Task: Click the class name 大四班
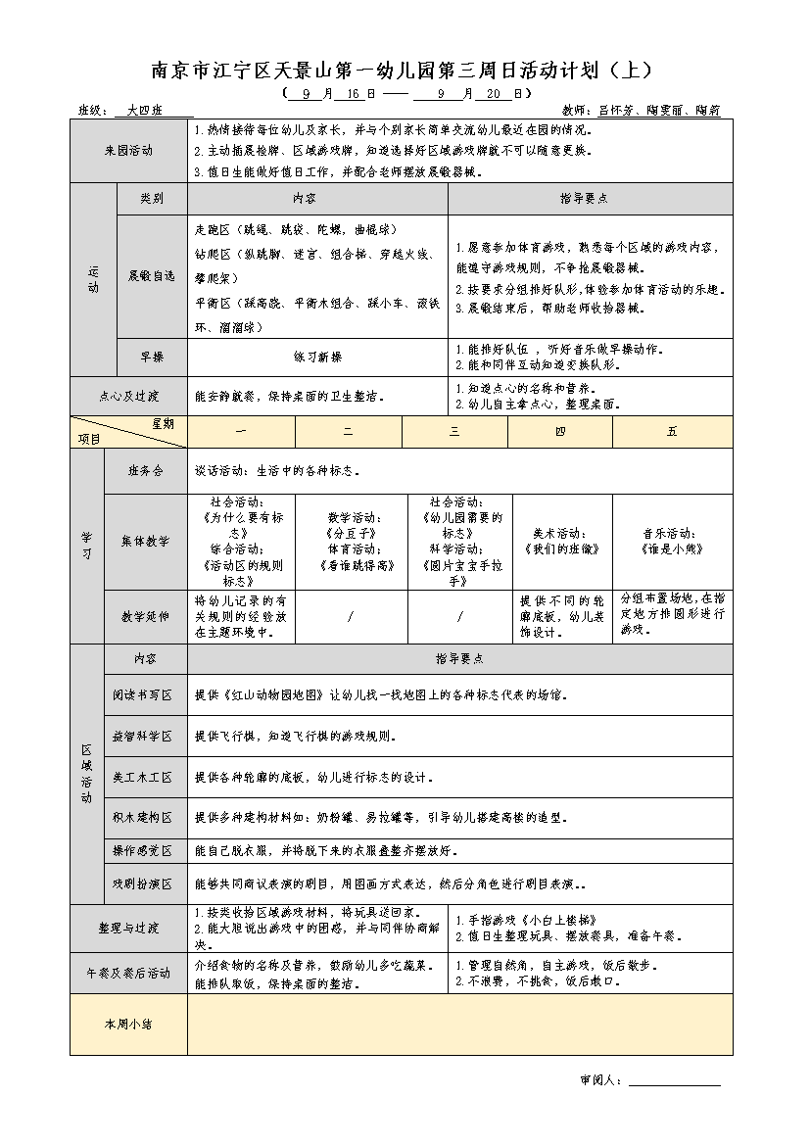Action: tap(145, 111)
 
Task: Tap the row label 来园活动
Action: tap(128, 151)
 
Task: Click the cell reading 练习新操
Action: tap(317, 357)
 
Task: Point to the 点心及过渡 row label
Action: tap(128, 397)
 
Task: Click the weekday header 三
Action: tap(454, 432)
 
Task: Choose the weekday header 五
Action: tap(672, 432)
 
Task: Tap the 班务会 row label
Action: tap(145, 471)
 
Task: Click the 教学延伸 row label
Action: tap(145, 617)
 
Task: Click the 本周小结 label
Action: tap(128, 1024)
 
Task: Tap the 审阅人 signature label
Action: tap(600, 1080)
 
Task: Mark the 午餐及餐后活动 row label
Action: tap(128, 973)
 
